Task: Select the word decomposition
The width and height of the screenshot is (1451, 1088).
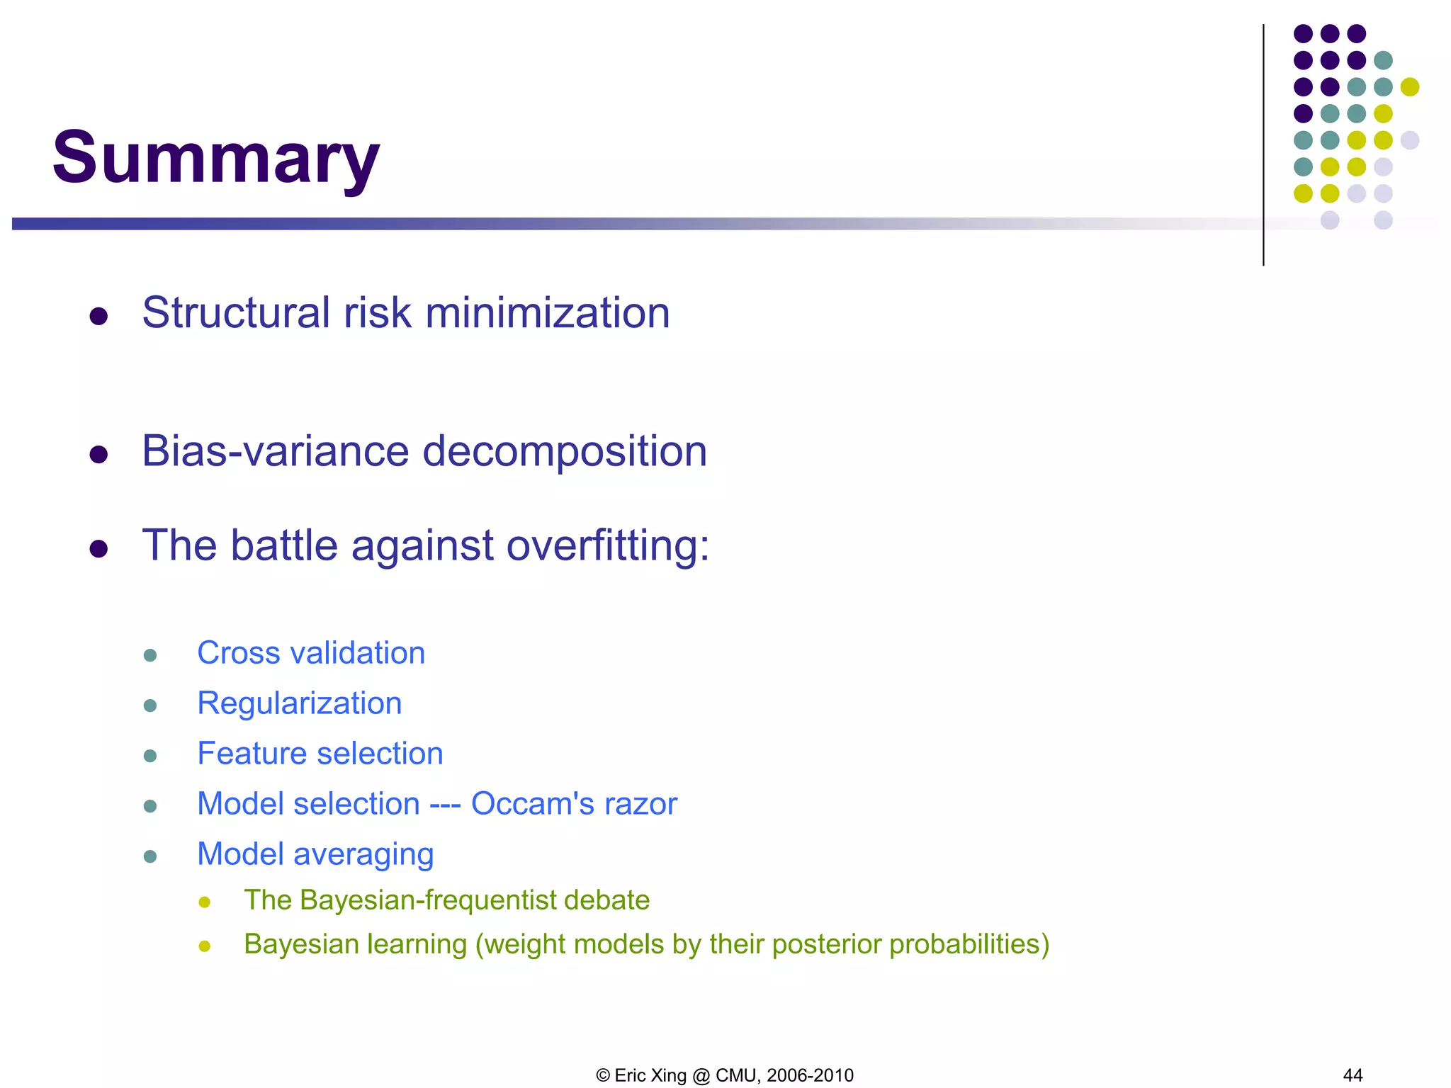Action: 565,451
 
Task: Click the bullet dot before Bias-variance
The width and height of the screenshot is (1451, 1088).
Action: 98,454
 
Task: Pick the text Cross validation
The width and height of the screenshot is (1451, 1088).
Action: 311,653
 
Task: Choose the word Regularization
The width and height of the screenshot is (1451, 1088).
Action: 299,703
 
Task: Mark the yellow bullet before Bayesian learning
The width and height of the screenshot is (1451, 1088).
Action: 205,946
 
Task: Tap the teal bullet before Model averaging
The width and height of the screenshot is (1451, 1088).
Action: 149,856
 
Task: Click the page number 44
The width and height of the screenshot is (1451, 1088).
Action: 1353,1075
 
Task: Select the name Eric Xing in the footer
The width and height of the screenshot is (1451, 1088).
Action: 650,1075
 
